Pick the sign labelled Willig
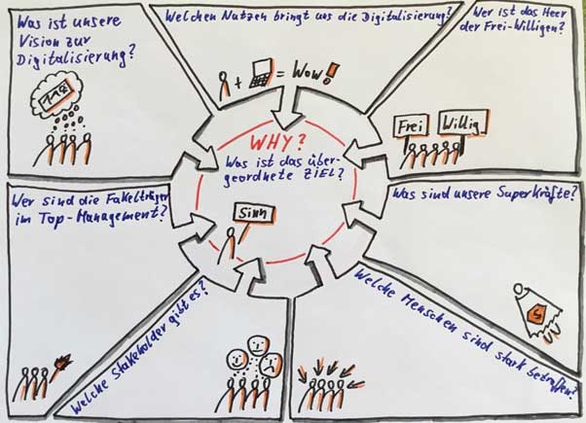coord(460,123)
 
